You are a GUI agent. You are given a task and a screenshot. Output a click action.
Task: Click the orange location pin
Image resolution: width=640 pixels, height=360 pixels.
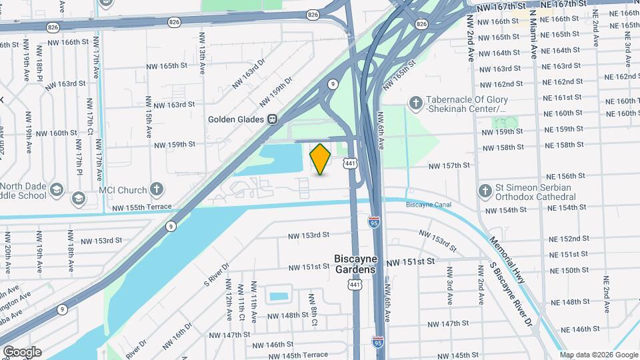(x=321, y=159)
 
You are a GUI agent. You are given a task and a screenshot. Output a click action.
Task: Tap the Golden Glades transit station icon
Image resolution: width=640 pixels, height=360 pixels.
(x=272, y=119)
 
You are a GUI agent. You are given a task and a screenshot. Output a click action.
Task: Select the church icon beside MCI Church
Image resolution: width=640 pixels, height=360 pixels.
(x=157, y=189)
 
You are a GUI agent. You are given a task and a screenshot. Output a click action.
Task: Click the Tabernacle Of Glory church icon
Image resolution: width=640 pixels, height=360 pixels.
(x=415, y=103)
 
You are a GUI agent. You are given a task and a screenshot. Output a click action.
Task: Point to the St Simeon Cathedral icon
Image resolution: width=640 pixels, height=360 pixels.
(x=485, y=191)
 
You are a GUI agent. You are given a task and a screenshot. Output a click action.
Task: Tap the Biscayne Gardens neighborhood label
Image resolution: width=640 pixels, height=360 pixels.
(x=355, y=263)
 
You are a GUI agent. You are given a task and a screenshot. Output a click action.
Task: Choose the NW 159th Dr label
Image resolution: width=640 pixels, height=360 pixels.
(x=276, y=92)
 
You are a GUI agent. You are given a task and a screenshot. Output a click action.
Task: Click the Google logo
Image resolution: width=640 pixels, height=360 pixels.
(x=22, y=351)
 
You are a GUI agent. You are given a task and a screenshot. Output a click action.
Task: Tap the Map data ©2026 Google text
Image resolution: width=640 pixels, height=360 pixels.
(x=598, y=355)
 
